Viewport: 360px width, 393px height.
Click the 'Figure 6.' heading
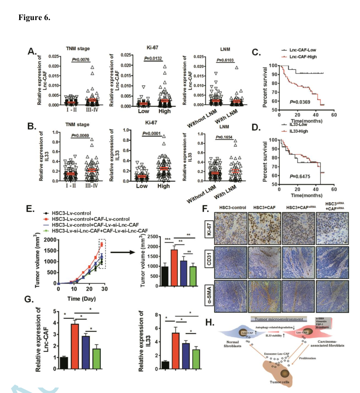coord(34,18)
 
